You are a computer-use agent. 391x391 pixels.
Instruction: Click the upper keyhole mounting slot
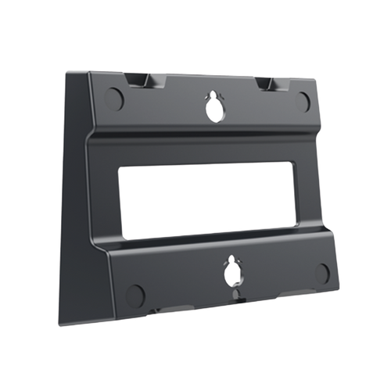[x=213, y=112]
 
